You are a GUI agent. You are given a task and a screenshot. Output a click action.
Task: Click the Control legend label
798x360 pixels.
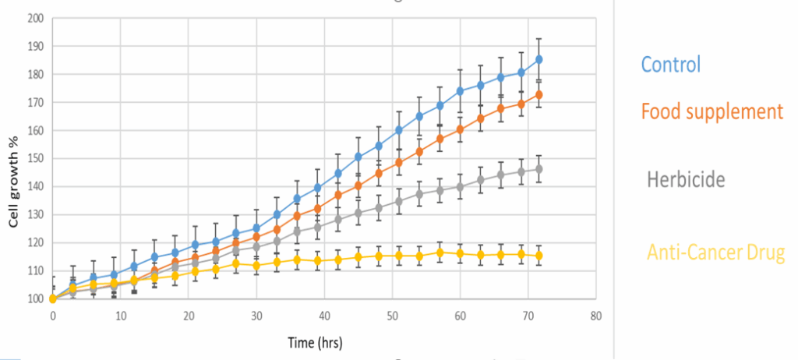click(673, 64)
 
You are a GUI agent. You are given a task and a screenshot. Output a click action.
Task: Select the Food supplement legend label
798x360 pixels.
click(711, 111)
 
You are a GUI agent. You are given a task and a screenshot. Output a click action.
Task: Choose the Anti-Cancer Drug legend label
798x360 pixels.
click(715, 252)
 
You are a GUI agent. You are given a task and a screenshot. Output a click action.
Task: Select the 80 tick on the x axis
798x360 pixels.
click(596, 316)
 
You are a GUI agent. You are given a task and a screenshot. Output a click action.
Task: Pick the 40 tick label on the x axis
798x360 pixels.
click(324, 316)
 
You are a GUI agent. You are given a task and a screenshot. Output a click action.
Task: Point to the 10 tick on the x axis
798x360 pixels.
click(121, 316)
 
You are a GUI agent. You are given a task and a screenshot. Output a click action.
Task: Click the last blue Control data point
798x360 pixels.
click(539, 59)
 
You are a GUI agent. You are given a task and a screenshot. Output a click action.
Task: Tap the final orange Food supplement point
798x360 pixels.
click(539, 95)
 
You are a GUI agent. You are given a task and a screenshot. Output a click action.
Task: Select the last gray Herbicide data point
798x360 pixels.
click(539, 169)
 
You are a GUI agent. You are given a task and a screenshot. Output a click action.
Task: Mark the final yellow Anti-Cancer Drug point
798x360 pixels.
click(539, 256)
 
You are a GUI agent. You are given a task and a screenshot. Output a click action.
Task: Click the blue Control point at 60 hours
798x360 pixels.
click(460, 91)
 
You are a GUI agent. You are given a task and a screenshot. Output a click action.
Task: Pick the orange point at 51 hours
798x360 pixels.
click(399, 162)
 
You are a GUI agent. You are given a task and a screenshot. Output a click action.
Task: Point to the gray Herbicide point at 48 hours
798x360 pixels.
click(379, 208)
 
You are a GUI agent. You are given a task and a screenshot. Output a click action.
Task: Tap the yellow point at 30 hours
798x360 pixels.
click(256, 266)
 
